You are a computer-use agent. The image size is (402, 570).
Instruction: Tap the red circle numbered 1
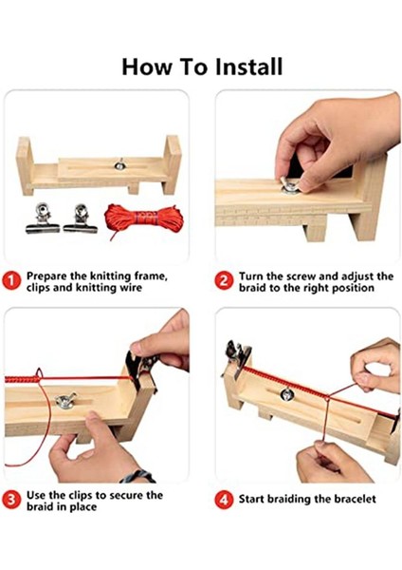(12, 280)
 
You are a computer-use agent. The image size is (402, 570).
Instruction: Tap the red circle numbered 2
(224, 281)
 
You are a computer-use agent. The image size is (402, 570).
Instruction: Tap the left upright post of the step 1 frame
(25, 162)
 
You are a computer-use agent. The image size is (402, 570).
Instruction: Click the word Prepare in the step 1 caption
(51, 275)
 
